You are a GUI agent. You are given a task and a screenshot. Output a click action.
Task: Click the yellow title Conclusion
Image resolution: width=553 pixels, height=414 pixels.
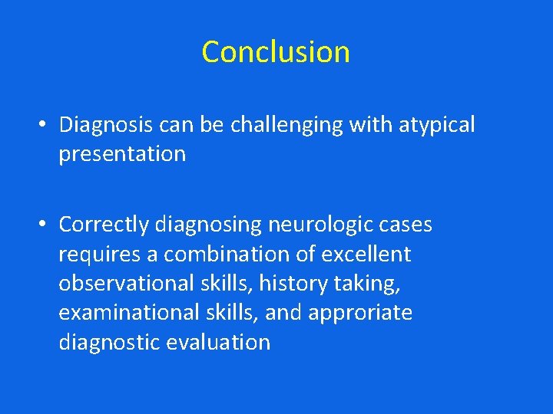click(276, 52)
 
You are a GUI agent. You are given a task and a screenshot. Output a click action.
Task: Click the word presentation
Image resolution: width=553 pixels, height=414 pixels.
click(122, 154)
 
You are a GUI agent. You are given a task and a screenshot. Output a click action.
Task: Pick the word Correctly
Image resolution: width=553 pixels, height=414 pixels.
click(104, 225)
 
